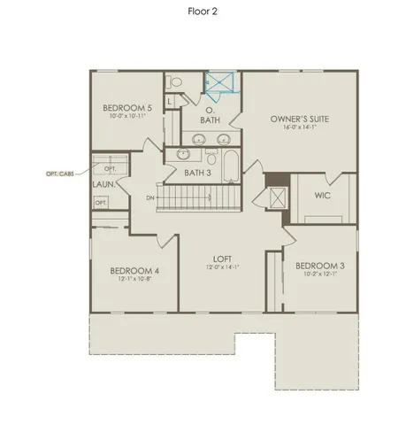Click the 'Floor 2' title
point(203,12)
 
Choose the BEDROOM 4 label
point(134,271)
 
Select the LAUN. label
point(104,186)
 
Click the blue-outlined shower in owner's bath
point(223,82)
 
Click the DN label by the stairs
point(150,198)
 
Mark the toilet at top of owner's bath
point(175,82)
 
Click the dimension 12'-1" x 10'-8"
point(134,280)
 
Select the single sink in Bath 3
point(185,153)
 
